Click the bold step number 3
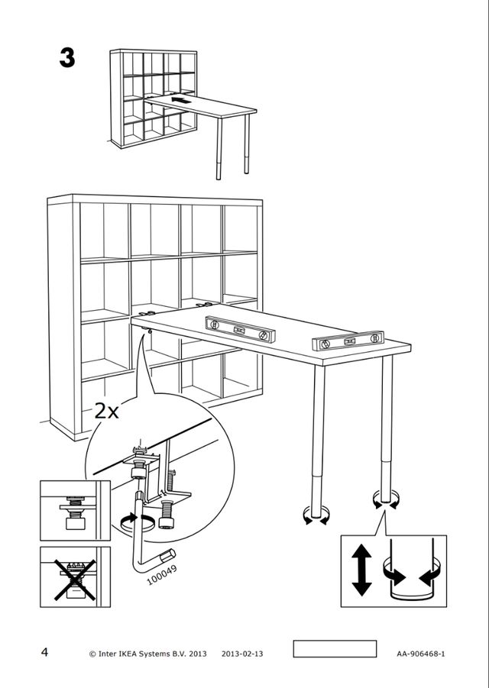point(67,59)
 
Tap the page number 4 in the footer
point(45,652)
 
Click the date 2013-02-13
point(243,654)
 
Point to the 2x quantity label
point(107,412)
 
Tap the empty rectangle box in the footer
point(335,649)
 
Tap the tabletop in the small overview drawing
point(199,106)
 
